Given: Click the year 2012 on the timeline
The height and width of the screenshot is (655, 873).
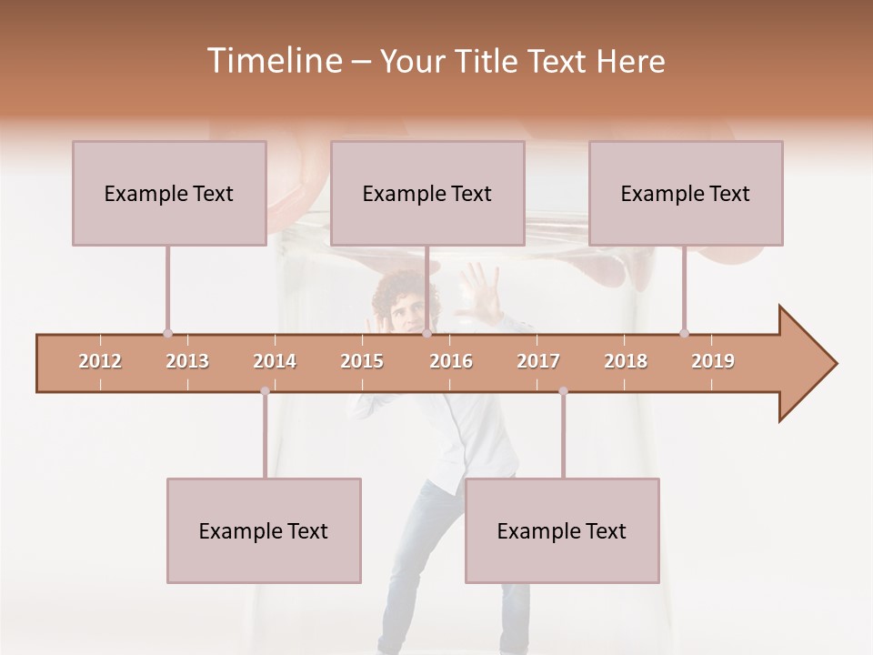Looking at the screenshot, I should click(100, 361).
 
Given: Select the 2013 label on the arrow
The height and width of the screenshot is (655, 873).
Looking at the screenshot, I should click(187, 361).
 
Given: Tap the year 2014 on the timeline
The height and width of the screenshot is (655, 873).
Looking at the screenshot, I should click(275, 361).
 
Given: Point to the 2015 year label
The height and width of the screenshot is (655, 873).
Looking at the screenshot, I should click(362, 361).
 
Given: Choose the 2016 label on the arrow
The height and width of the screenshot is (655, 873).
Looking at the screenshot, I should click(451, 361).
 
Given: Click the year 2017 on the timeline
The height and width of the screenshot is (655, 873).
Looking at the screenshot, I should click(538, 361).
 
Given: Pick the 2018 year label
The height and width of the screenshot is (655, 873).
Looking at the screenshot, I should click(626, 361).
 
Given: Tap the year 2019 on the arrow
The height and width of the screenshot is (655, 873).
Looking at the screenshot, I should click(713, 361).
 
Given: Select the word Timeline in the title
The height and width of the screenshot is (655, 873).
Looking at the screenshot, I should click(273, 61).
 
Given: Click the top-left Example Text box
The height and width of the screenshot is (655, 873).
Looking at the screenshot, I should click(169, 193).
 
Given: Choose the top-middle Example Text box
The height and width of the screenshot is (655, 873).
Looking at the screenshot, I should click(427, 193).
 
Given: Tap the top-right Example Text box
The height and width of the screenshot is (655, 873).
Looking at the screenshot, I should click(686, 193).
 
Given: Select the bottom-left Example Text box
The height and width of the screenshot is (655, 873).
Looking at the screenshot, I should click(264, 530).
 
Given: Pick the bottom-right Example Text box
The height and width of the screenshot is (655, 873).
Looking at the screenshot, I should click(562, 530).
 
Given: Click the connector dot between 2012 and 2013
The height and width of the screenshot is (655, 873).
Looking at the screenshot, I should click(167, 333).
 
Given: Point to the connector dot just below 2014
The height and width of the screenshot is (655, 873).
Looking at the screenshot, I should click(265, 391).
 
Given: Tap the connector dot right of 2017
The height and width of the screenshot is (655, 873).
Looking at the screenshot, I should click(563, 391).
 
